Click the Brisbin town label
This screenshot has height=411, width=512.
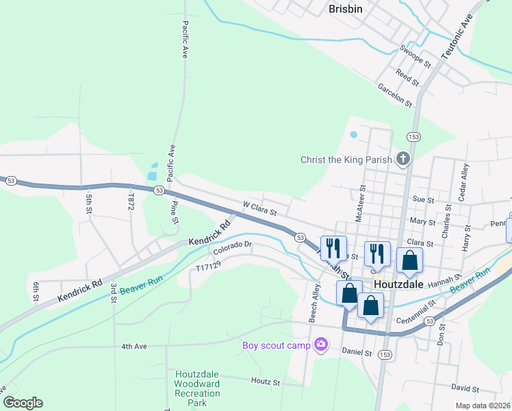(345, 9)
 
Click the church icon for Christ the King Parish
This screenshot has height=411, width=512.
(403, 160)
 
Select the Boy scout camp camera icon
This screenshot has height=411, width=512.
(320, 345)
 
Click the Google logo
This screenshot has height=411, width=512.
(23, 403)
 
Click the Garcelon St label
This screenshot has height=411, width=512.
(395, 96)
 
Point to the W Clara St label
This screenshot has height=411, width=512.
(259, 208)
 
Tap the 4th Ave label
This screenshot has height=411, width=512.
(135, 347)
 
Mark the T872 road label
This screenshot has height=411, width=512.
(131, 201)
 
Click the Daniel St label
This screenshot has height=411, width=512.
(357, 352)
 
